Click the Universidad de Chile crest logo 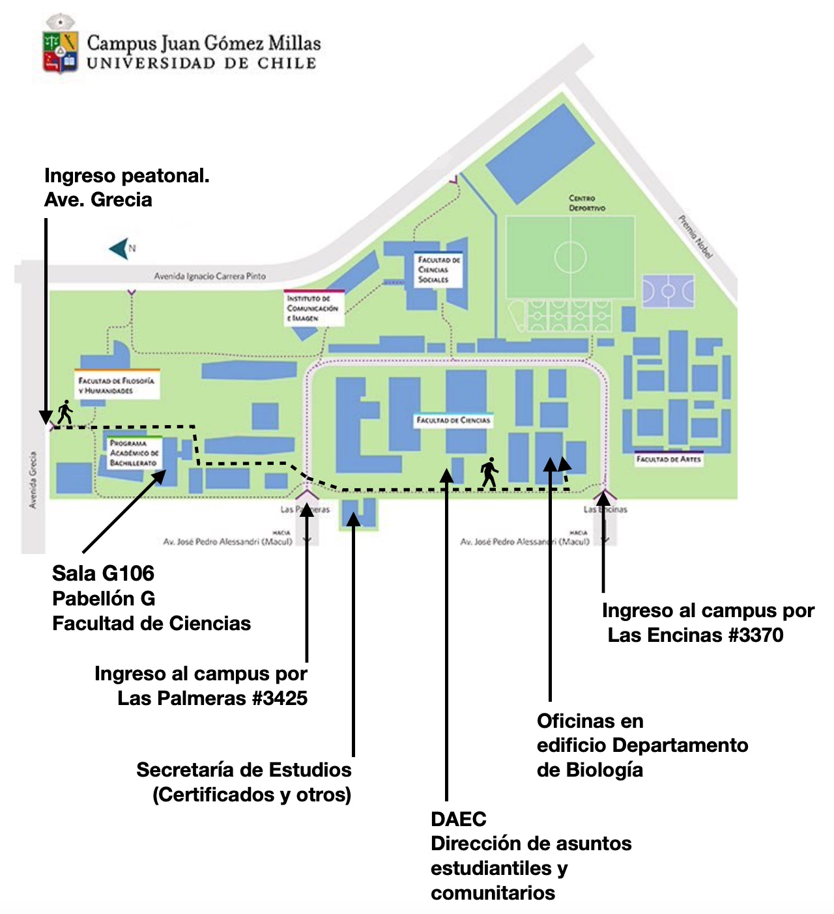click(61, 44)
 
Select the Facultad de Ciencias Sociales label click(439, 270)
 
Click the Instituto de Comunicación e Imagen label click(312, 308)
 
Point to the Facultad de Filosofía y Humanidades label click(116, 385)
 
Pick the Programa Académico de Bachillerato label click(134, 453)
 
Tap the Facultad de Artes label click(669, 459)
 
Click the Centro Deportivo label click(586, 203)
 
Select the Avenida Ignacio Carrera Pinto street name click(210, 276)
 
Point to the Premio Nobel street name click(695, 237)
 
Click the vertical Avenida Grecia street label click(33, 480)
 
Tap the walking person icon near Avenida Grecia click(65, 412)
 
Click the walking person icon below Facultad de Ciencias click(489, 472)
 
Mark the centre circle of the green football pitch click(570, 256)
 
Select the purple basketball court click(668, 292)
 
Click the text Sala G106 click(103, 574)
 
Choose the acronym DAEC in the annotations click(458, 819)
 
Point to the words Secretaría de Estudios click(244, 770)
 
